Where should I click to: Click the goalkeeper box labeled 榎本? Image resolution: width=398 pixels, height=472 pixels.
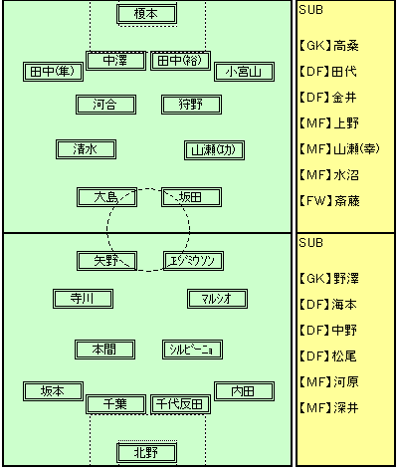coord(146,14)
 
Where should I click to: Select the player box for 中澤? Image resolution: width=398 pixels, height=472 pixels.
coord(115,61)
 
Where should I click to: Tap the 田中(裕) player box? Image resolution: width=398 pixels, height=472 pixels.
coord(180,61)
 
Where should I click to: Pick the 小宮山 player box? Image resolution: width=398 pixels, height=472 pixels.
coord(244,72)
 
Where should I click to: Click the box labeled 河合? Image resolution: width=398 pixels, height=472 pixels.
coord(105,105)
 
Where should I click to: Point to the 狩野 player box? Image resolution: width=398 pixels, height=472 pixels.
coord(191,105)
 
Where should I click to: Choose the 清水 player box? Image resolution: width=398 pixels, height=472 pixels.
coord(86,149)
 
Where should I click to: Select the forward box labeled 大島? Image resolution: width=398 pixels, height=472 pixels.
coord(106,197)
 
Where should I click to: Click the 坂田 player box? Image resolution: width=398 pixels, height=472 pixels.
coord(191,197)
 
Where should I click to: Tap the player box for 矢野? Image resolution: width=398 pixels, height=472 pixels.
coord(106,261)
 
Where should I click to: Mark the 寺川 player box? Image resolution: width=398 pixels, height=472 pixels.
coord(83,299)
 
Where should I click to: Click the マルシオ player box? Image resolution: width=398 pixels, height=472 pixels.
coord(217,299)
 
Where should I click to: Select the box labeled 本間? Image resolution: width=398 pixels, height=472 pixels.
coord(104,350)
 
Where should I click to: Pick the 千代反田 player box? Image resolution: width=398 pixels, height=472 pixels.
coord(180,404)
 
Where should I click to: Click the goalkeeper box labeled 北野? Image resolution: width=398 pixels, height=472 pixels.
coord(146,453)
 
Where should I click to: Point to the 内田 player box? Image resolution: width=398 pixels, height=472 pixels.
coord(244,391)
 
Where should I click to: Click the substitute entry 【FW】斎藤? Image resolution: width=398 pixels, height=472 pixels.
coord(328,201)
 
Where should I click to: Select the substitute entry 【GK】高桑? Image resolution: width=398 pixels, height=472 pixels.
coord(328,46)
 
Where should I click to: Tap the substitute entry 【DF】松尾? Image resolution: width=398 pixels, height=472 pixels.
coord(327,356)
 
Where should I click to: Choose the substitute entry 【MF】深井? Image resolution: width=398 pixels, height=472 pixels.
coord(328,408)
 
